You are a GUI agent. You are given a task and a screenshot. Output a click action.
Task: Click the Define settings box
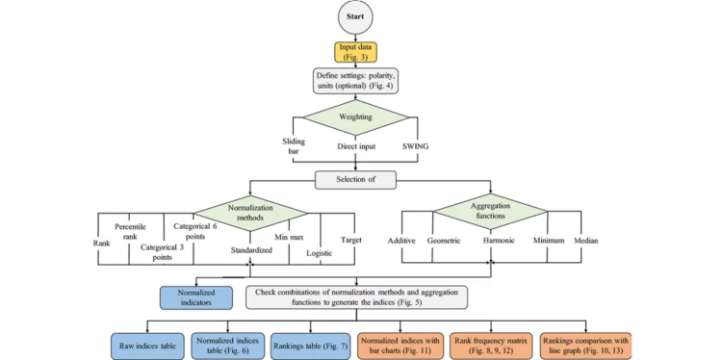point(361,82)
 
